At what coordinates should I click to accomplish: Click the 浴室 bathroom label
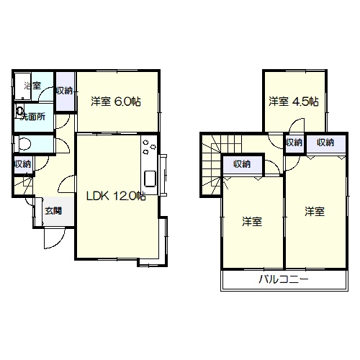coord(32,86)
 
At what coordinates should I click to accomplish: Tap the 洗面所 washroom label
coord(33,117)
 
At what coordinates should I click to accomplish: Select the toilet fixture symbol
coord(22,144)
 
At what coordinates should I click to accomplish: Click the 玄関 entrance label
coord(53,211)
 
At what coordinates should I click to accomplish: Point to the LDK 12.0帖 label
coord(116,197)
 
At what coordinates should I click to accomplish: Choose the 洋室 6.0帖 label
coord(116,102)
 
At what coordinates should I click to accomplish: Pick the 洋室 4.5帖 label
coord(294,102)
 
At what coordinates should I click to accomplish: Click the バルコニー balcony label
coord(284,279)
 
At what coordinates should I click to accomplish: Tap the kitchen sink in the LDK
coord(150,179)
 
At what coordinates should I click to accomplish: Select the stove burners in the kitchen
coord(149,146)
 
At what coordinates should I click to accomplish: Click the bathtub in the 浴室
coord(23,86)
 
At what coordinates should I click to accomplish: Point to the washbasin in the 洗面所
coord(19,111)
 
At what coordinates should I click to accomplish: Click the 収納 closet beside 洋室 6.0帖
coord(65,91)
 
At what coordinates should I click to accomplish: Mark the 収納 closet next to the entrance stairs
coord(23,164)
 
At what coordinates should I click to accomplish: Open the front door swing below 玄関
coord(55,238)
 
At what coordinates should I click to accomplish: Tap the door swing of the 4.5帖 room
coord(297,125)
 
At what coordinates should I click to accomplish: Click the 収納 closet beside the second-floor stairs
coord(243,165)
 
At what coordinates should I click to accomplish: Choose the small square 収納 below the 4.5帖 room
coord(294,143)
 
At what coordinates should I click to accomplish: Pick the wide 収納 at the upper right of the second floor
coord(326,143)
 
